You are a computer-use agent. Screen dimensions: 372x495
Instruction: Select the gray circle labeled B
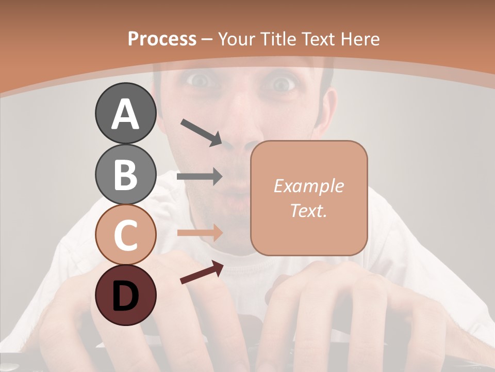(x=125, y=174)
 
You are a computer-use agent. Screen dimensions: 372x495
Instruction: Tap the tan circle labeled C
(x=125, y=235)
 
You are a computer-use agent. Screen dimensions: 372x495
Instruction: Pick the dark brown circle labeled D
(x=125, y=296)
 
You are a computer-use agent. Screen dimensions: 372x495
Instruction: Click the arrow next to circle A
(x=201, y=132)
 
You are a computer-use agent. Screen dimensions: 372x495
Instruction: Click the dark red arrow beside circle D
(x=202, y=272)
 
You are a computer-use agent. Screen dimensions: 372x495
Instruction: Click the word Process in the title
(x=162, y=39)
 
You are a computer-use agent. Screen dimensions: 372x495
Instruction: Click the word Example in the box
(x=308, y=186)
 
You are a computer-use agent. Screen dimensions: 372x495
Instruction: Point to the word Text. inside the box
(x=308, y=210)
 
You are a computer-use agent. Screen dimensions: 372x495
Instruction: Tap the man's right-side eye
(x=281, y=83)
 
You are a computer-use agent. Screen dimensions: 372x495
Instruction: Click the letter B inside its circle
(x=125, y=174)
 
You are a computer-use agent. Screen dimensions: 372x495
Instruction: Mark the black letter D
(x=125, y=296)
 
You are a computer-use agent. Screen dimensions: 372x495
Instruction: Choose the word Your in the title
(x=238, y=39)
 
